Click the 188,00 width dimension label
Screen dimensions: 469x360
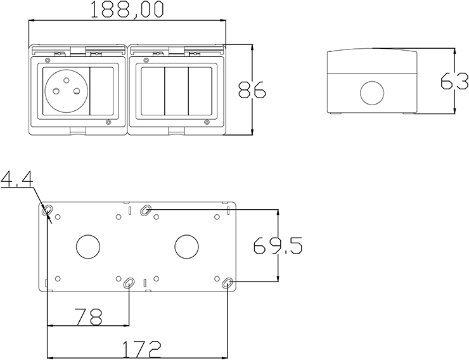[127, 10]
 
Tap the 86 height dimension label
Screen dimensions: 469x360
[252, 89]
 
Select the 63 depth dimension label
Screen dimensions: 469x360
[454, 80]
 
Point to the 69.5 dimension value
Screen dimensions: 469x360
[278, 245]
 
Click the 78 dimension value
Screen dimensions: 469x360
[89, 317]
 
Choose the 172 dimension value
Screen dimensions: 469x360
[142, 349]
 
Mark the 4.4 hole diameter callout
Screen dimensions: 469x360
[16, 179]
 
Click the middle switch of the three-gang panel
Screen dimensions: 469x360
[176, 91]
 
